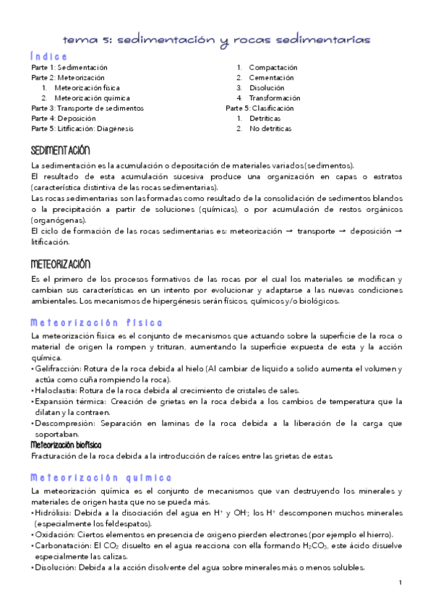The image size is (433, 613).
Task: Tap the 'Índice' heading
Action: [x=49, y=56]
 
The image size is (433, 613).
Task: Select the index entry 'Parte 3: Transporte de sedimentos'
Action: [x=87, y=108]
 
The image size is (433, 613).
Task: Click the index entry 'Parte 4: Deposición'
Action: [x=64, y=119]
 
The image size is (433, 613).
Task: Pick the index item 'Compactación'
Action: [x=273, y=67]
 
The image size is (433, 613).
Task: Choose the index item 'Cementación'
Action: [x=271, y=77]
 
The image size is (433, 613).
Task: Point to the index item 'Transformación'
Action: [x=275, y=98]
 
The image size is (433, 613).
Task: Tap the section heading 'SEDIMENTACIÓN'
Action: [x=60, y=150]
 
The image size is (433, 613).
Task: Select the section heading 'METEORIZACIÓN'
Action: [x=60, y=264]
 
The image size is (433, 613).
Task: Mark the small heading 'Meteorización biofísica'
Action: [x=66, y=445]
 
